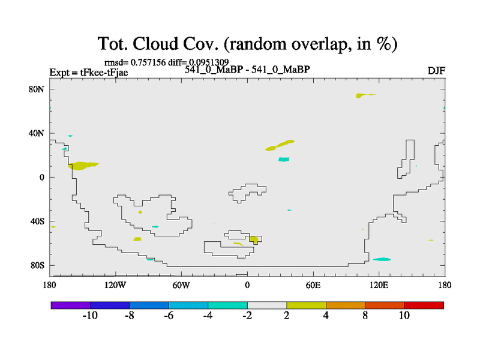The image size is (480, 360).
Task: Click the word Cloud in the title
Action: tap(155, 43)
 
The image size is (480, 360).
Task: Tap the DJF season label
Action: tap(437, 71)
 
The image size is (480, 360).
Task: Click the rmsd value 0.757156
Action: tap(148, 62)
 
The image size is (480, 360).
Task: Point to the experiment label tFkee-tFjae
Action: tap(104, 73)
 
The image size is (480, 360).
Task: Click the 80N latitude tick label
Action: tap(37, 89)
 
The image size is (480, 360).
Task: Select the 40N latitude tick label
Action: tap(37, 133)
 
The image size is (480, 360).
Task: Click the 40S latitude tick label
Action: tap(37, 221)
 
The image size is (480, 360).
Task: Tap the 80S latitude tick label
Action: tap(37, 265)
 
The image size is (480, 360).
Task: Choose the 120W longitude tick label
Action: tap(115, 286)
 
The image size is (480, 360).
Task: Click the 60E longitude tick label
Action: tap(313, 286)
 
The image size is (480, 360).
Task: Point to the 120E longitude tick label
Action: tap(379, 286)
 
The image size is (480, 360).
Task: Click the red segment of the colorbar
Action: tap(424, 305)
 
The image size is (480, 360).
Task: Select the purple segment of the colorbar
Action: tap(71, 305)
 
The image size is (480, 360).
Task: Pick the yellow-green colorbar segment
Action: tap(306, 305)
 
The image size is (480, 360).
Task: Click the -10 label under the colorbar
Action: tap(90, 316)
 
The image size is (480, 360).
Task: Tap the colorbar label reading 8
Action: tap(365, 316)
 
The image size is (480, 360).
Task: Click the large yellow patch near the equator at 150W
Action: tap(82, 166)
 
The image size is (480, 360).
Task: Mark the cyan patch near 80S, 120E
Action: tap(382, 259)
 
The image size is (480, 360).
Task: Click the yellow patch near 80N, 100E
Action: tap(361, 95)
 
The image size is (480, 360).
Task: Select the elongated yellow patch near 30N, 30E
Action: tap(280, 145)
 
